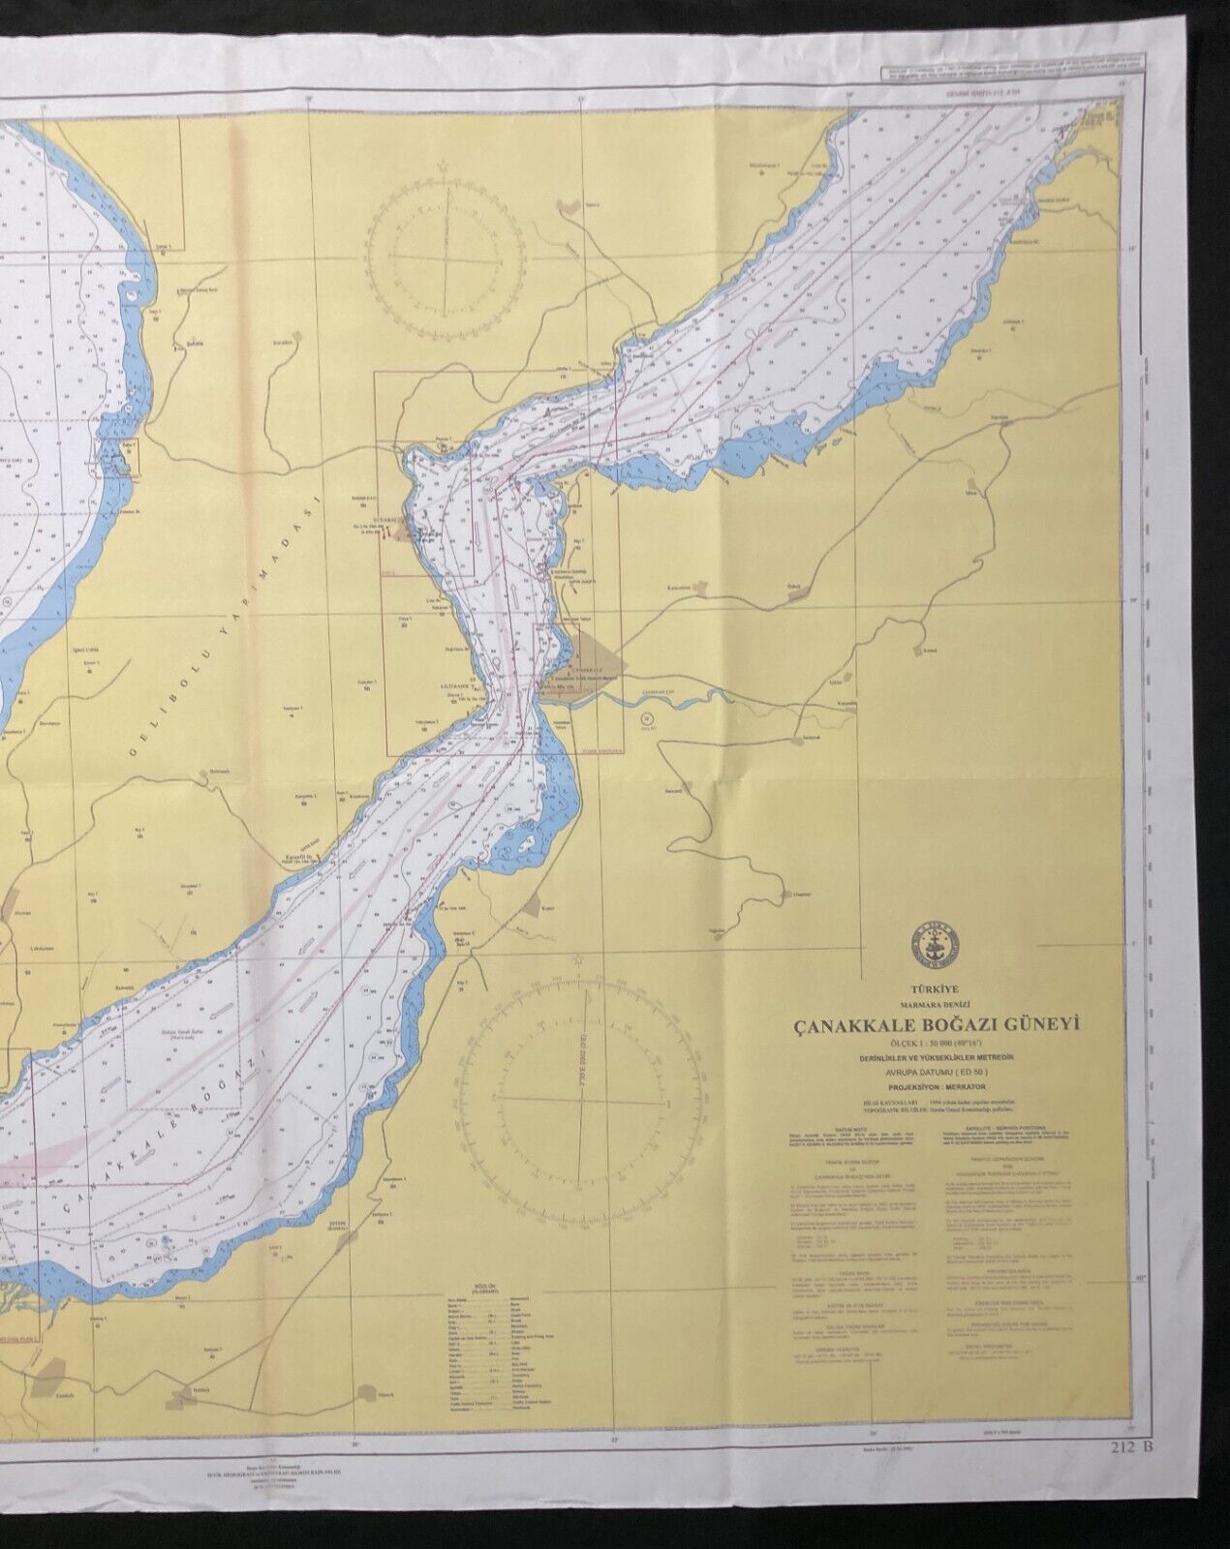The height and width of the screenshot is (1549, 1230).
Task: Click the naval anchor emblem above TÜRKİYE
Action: [x=932, y=943]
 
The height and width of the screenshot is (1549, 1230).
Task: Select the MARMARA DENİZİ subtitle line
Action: [x=932, y=1005]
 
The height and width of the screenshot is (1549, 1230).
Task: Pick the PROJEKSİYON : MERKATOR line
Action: [x=932, y=1087]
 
